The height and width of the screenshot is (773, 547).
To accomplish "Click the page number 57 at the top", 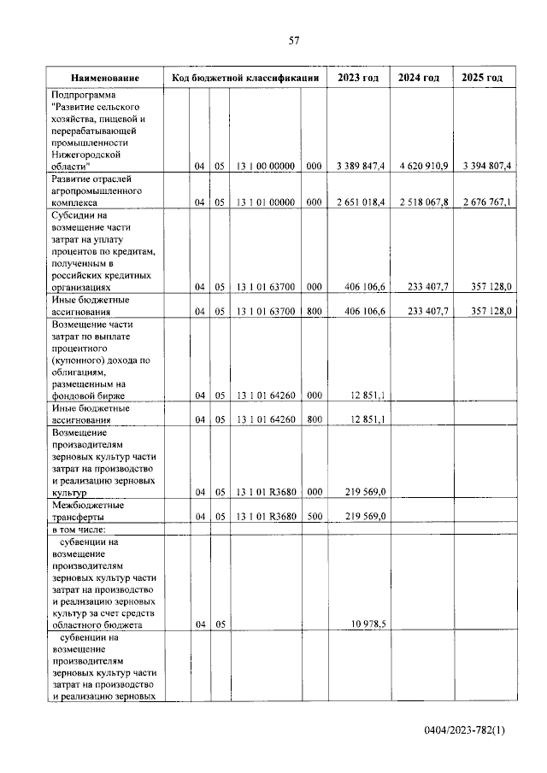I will [293, 40].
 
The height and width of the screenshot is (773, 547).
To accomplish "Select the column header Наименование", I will [105, 78].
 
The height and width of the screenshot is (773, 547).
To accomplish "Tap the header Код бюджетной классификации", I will [245, 78].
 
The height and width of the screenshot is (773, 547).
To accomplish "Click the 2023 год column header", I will [358, 78].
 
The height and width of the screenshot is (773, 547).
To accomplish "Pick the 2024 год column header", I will [419, 78].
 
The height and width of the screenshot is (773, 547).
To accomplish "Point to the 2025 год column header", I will [482, 78].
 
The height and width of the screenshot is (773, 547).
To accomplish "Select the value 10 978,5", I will [368, 624].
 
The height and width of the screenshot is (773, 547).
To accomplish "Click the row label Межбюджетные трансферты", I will [89, 511].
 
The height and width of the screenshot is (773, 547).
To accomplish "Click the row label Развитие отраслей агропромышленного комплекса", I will [98, 192].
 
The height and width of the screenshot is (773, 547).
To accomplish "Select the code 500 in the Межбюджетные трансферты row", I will [314, 517].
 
